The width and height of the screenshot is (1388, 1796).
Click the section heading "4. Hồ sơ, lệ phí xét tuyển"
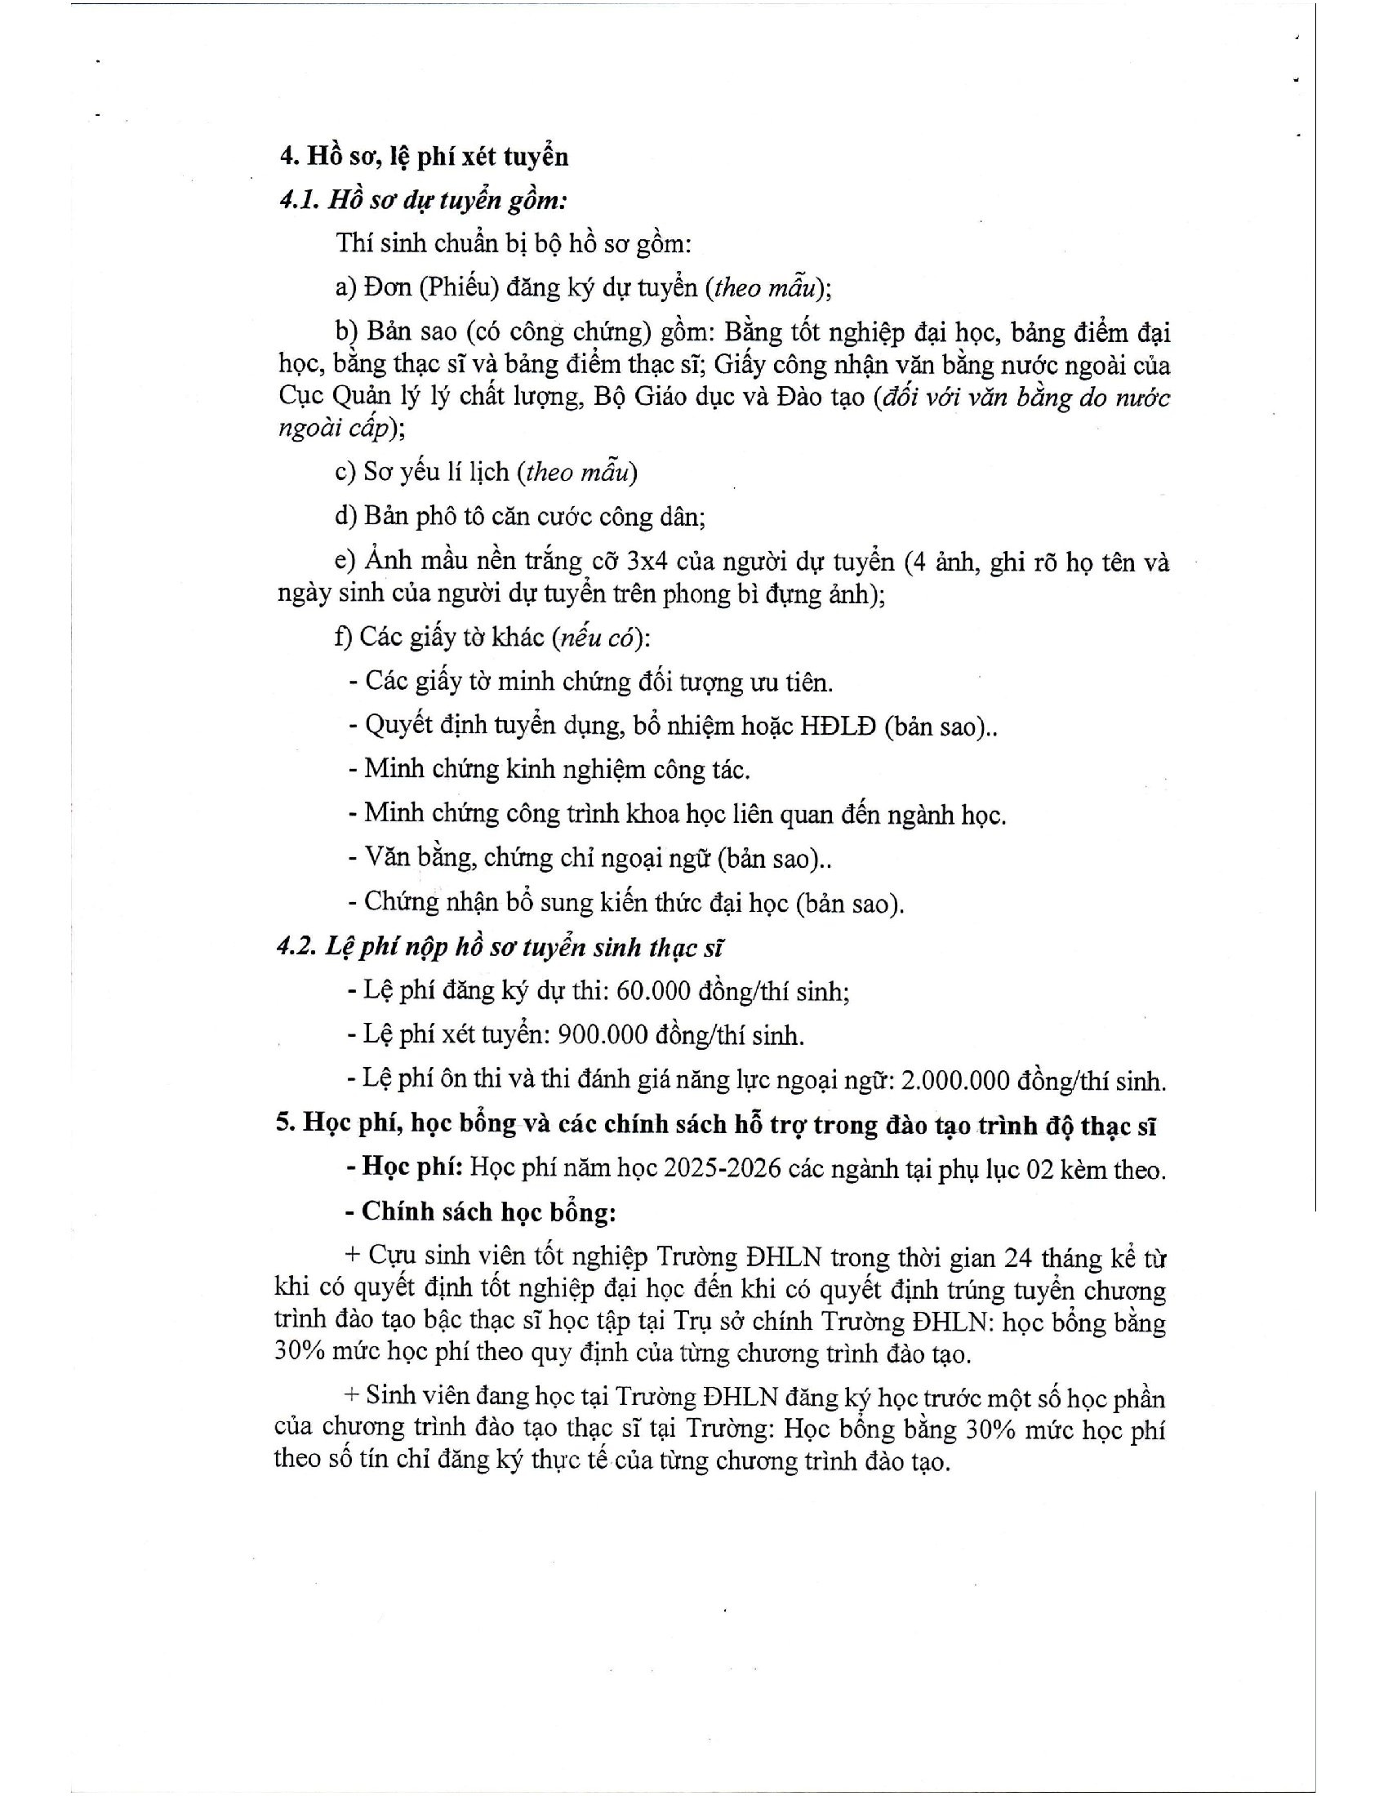pyautogui.click(x=424, y=156)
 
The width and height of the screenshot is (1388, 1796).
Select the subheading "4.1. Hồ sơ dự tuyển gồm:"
pyautogui.click(x=423, y=200)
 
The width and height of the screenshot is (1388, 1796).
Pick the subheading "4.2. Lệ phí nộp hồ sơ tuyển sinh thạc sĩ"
pyautogui.click(x=499, y=947)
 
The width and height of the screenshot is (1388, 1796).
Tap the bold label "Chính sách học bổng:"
pyautogui.click(x=488, y=1212)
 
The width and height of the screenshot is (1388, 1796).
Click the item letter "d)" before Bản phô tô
pyautogui.click(x=345, y=517)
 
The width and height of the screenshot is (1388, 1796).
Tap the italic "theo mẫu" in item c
pyautogui.click(x=580, y=472)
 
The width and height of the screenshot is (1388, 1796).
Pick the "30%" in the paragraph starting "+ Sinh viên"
pyautogui.click(x=990, y=1430)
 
